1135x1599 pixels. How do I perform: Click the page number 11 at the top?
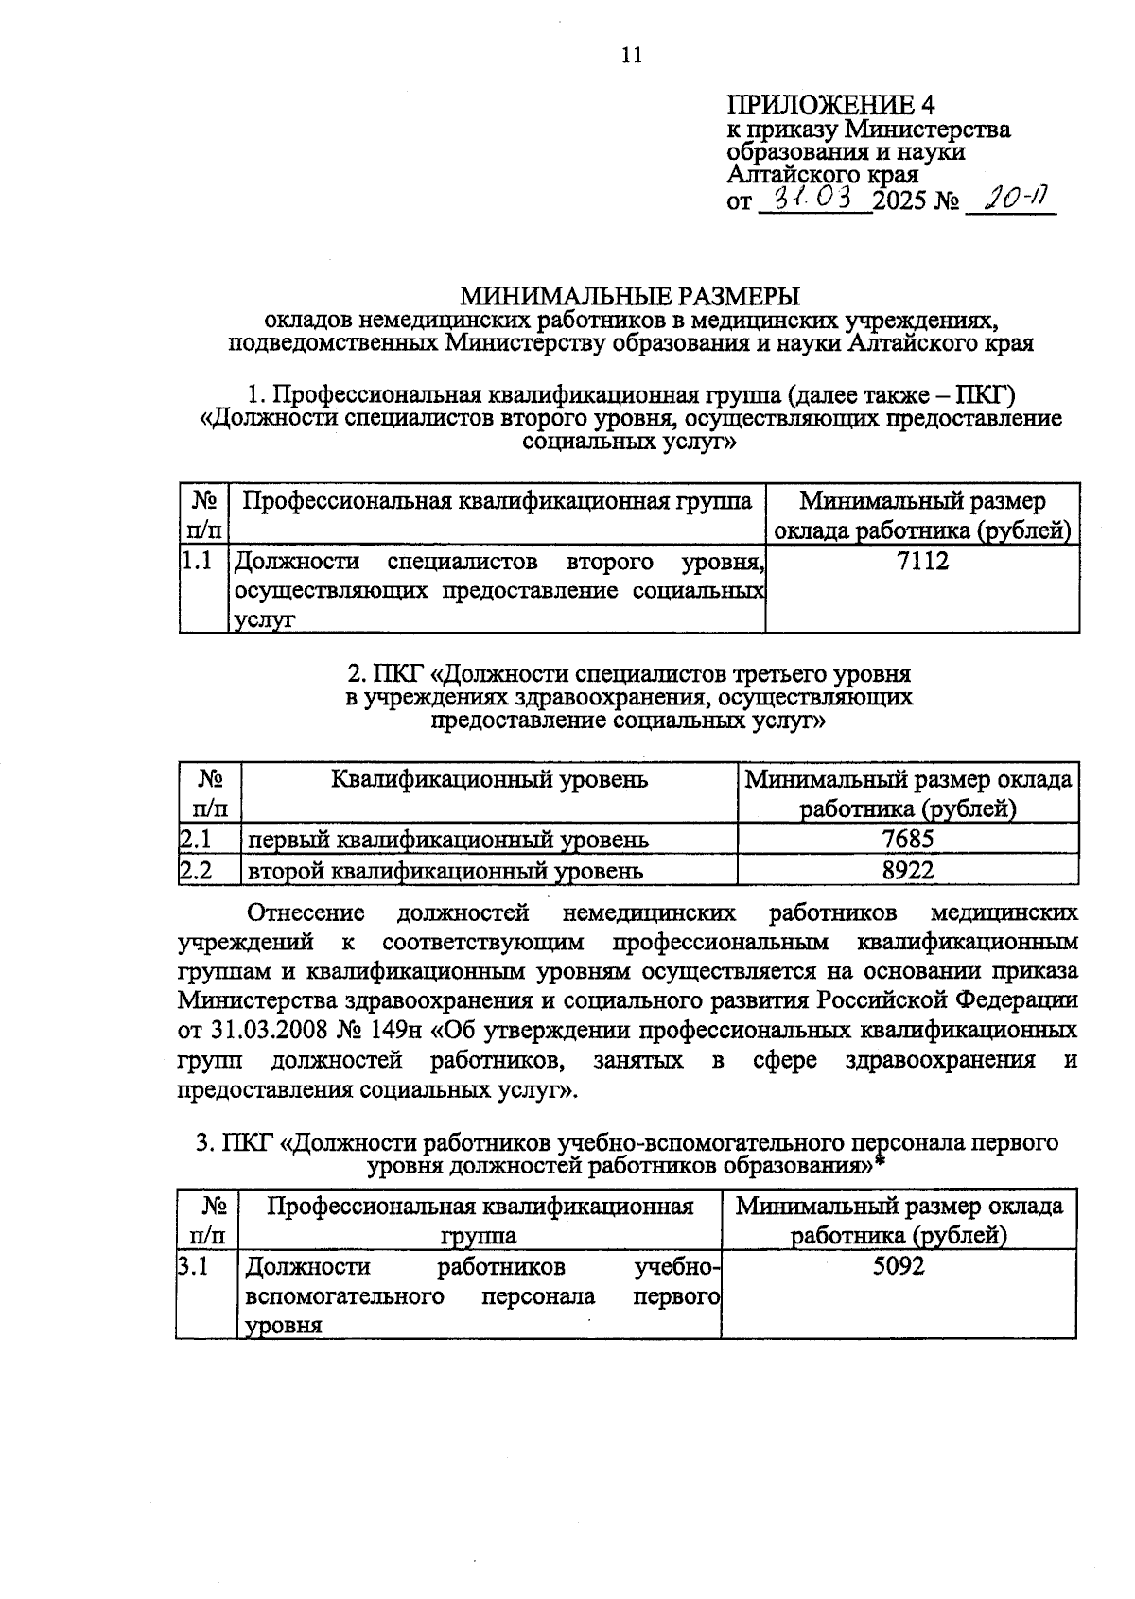632,55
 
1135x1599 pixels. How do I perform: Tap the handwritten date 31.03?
815,198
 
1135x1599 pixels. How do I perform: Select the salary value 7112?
922,562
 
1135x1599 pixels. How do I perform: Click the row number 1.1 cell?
197,562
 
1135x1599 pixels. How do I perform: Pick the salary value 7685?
907,839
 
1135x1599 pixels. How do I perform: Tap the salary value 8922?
907,870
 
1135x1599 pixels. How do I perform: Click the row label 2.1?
195,839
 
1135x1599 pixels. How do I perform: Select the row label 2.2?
195,870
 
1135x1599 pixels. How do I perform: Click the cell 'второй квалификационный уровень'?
445,871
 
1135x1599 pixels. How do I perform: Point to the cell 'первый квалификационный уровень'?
447,840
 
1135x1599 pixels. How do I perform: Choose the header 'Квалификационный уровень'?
489,780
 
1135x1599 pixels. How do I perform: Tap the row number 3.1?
193,1265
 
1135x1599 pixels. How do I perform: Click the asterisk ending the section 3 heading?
880,1163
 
